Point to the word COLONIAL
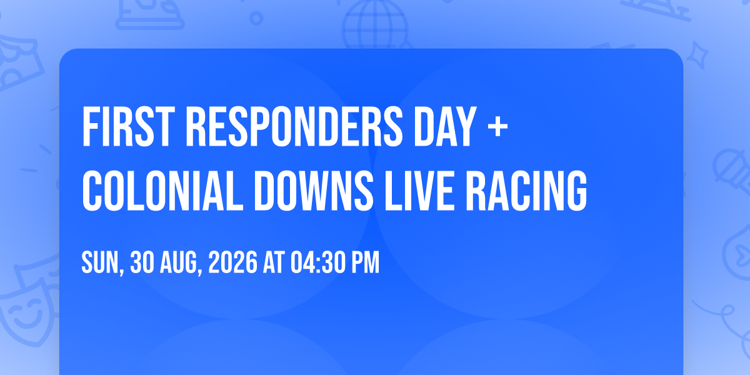pyautogui.click(x=162, y=191)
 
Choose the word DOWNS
pyautogui.click(x=314, y=191)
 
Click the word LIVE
pyautogui.click(x=420, y=191)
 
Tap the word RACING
pyautogui.click(x=526, y=191)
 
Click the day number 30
pyautogui.click(x=142, y=262)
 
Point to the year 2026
pyautogui.click(x=232, y=262)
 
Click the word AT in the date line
pyautogui.click(x=274, y=262)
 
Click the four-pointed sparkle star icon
pyautogui.click(x=697, y=55)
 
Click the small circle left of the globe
pyautogui.click(x=256, y=18)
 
